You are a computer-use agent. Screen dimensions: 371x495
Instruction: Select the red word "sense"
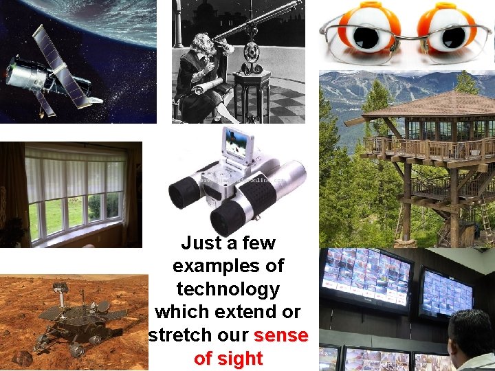pyautogui.click(x=280, y=336)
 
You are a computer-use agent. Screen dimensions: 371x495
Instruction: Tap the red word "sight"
pyautogui.click(x=239, y=359)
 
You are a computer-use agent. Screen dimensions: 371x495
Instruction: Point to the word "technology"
pyautogui.click(x=228, y=289)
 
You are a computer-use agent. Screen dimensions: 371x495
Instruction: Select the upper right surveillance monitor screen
pyautogui.click(x=448, y=292)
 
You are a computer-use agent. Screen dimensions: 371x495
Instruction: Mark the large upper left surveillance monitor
pyautogui.click(x=368, y=278)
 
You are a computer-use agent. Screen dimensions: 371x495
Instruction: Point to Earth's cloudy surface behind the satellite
pyautogui.click(x=103, y=21)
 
